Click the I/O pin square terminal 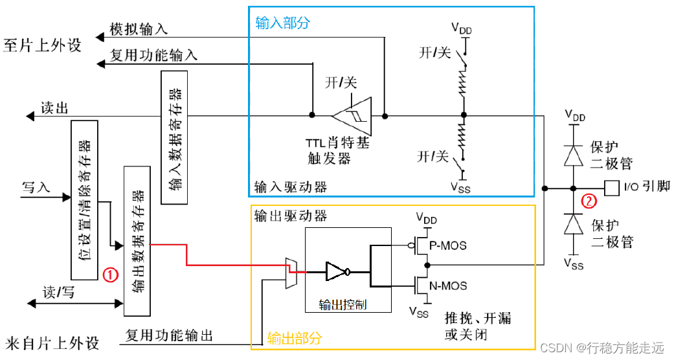612,188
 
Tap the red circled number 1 111,275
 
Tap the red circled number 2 589,201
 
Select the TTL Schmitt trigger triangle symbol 352,115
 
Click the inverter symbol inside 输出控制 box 338,272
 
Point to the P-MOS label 448,245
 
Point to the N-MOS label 448,286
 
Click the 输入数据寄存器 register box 174,137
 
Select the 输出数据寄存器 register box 137,241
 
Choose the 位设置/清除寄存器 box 84,200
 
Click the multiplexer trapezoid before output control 291,273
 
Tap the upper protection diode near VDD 573,155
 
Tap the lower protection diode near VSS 573,223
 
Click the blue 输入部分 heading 282,23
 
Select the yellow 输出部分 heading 294,339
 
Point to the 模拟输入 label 139,29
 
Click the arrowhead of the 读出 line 30,116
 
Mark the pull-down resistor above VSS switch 462,136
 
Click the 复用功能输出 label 170,335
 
